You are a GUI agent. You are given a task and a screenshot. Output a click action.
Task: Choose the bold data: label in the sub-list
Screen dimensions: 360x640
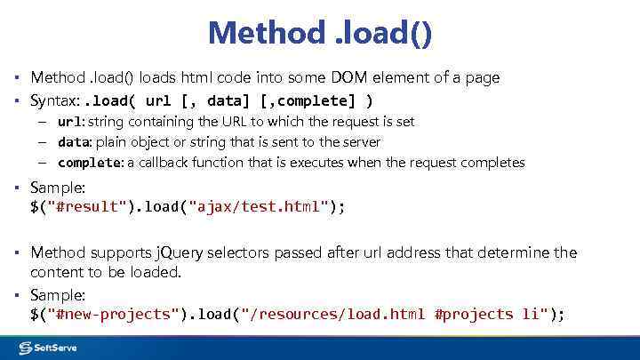(75, 141)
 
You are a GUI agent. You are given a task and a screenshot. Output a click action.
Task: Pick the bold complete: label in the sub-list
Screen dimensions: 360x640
(91, 163)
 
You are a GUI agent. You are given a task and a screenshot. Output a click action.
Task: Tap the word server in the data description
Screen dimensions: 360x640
(361, 141)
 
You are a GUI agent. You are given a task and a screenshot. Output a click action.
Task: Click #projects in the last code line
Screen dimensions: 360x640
(476, 314)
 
